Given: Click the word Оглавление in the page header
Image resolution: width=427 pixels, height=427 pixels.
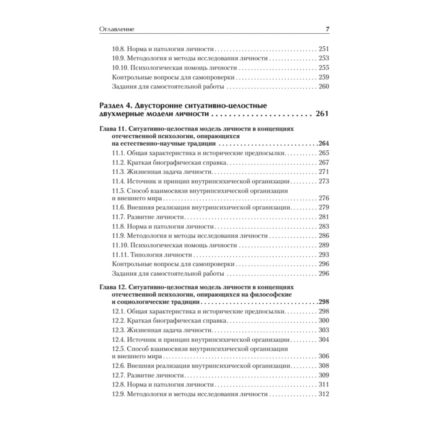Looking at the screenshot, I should [x=117, y=29].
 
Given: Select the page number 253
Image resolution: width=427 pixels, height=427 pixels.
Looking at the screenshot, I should [x=323, y=58].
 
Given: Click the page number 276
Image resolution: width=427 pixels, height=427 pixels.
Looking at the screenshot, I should [x=323, y=198].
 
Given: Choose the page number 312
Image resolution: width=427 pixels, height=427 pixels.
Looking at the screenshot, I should [x=323, y=394].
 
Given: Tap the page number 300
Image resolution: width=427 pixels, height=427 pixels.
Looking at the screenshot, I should [x=323, y=320].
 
